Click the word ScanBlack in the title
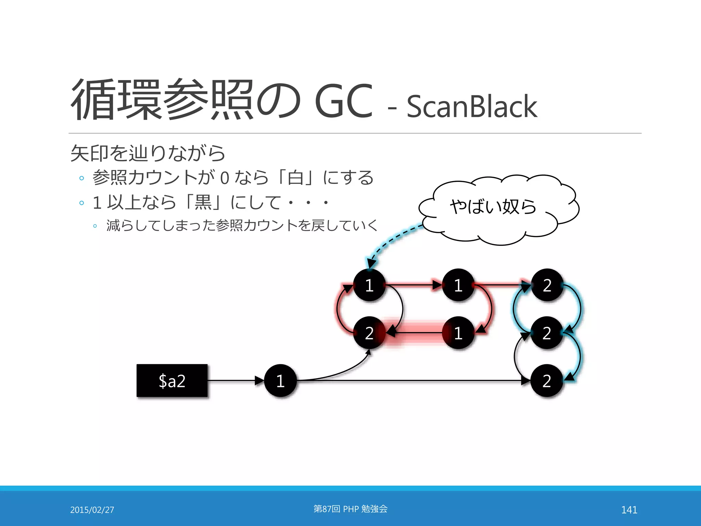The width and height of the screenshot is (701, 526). point(472,107)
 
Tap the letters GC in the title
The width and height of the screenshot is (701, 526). point(343,101)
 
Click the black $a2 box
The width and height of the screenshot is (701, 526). point(172,381)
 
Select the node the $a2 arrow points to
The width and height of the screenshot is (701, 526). point(280,381)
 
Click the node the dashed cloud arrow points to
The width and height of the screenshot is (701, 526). point(369,285)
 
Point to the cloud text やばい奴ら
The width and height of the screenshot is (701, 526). point(493,206)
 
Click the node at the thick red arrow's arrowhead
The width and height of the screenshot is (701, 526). point(369,333)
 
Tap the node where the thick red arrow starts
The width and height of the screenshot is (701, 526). point(458,333)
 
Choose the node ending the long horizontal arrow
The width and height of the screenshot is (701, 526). point(547,381)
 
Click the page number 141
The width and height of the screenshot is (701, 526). point(629,510)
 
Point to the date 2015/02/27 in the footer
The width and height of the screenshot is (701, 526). point(92,510)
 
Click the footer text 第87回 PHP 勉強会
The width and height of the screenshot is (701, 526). point(350,509)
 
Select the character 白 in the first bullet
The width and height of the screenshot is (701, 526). point(295,178)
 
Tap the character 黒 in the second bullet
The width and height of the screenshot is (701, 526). point(203,202)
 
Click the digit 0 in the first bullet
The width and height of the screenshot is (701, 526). point(225,178)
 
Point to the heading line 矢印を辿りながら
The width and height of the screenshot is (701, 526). point(148,153)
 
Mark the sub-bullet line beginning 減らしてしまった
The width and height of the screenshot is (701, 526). point(242,225)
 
